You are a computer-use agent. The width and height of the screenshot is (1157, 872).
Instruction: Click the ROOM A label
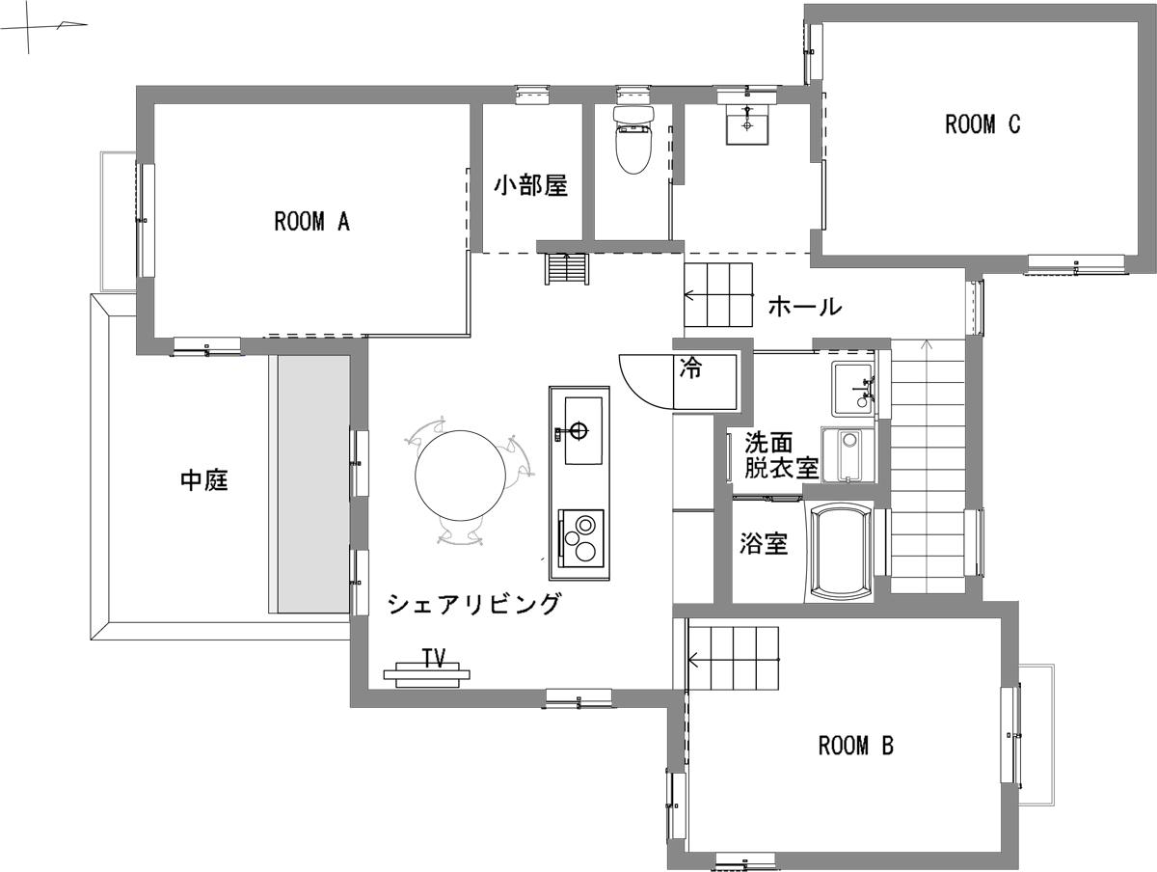click(311, 222)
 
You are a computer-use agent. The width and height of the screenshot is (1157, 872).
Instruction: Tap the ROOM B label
click(856, 746)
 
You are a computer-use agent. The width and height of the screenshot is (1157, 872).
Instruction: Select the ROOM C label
click(982, 124)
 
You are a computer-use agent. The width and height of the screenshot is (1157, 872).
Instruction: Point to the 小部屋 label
click(530, 185)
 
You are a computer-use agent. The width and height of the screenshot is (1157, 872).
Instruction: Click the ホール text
click(805, 308)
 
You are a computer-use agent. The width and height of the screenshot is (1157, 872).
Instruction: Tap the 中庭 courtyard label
click(204, 479)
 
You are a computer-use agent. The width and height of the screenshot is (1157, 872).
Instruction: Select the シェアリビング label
click(473, 605)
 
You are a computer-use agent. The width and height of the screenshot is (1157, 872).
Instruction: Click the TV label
click(434, 658)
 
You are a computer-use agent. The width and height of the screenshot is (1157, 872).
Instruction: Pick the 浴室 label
click(764, 544)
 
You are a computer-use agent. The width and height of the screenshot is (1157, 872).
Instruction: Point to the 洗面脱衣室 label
click(780, 456)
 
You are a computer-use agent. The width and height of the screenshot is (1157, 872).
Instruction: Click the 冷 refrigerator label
click(690, 368)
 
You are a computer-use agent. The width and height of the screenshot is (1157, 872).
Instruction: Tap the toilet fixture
click(633, 140)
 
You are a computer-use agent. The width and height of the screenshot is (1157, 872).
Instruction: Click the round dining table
click(461, 477)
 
